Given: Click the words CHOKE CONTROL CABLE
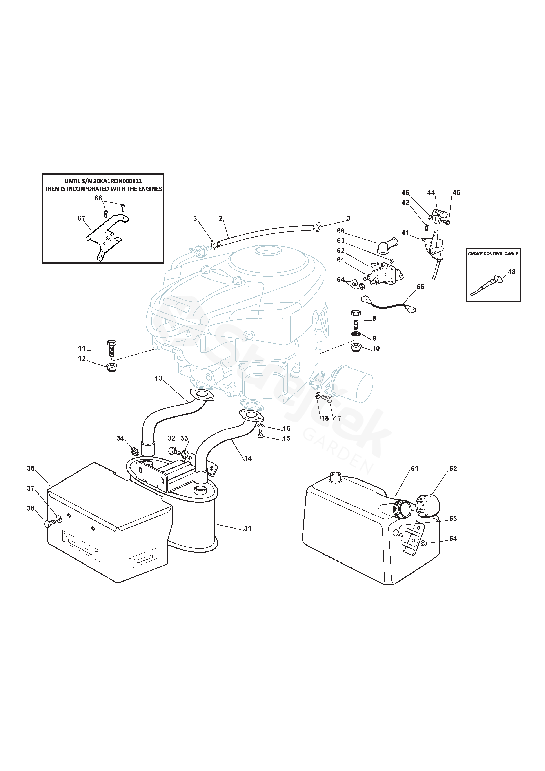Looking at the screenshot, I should [x=493, y=254].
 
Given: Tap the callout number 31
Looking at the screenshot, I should [x=247, y=528].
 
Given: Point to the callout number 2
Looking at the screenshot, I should [x=221, y=219].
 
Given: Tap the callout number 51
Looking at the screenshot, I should [x=415, y=468].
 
